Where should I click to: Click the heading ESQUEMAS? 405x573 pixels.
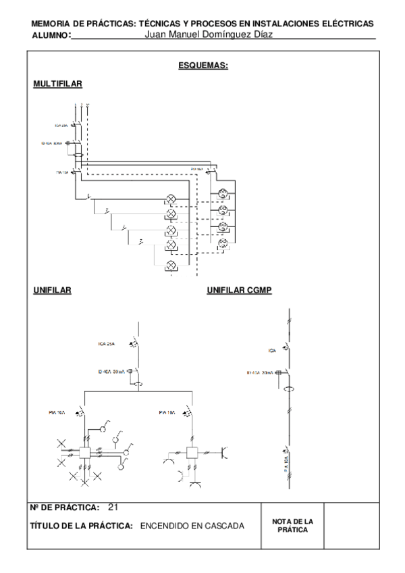[202, 66]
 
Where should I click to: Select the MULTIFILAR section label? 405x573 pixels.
[57, 83]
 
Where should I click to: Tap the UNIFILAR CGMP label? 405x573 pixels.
[240, 291]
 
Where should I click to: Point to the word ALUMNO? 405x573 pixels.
[51, 35]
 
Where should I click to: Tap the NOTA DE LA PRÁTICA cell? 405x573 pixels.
[293, 524]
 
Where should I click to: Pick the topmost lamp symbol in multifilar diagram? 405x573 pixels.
[171, 200]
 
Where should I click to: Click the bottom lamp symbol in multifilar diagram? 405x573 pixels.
[171, 265]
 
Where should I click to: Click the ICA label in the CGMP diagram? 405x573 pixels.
[273, 350]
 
